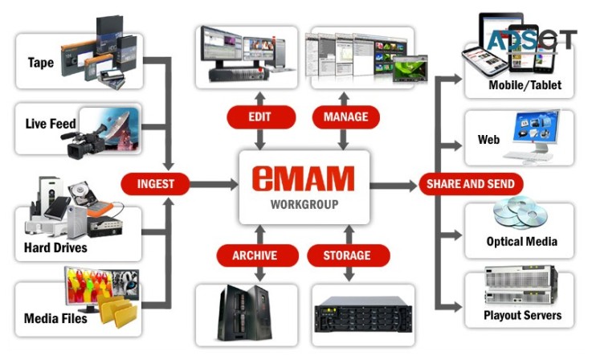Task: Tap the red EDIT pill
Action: point(259,117)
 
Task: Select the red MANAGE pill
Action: point(345,117)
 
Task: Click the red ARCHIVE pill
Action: point(254,256)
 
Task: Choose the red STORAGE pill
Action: point(346,256)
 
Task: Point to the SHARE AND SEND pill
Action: point(471,184)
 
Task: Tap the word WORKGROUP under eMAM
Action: point(304,204)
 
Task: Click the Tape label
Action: point(41,63)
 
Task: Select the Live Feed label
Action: point(50,124)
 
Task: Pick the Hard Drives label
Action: point(55,247)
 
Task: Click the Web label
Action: point(488,140)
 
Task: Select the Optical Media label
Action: point(521,241)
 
